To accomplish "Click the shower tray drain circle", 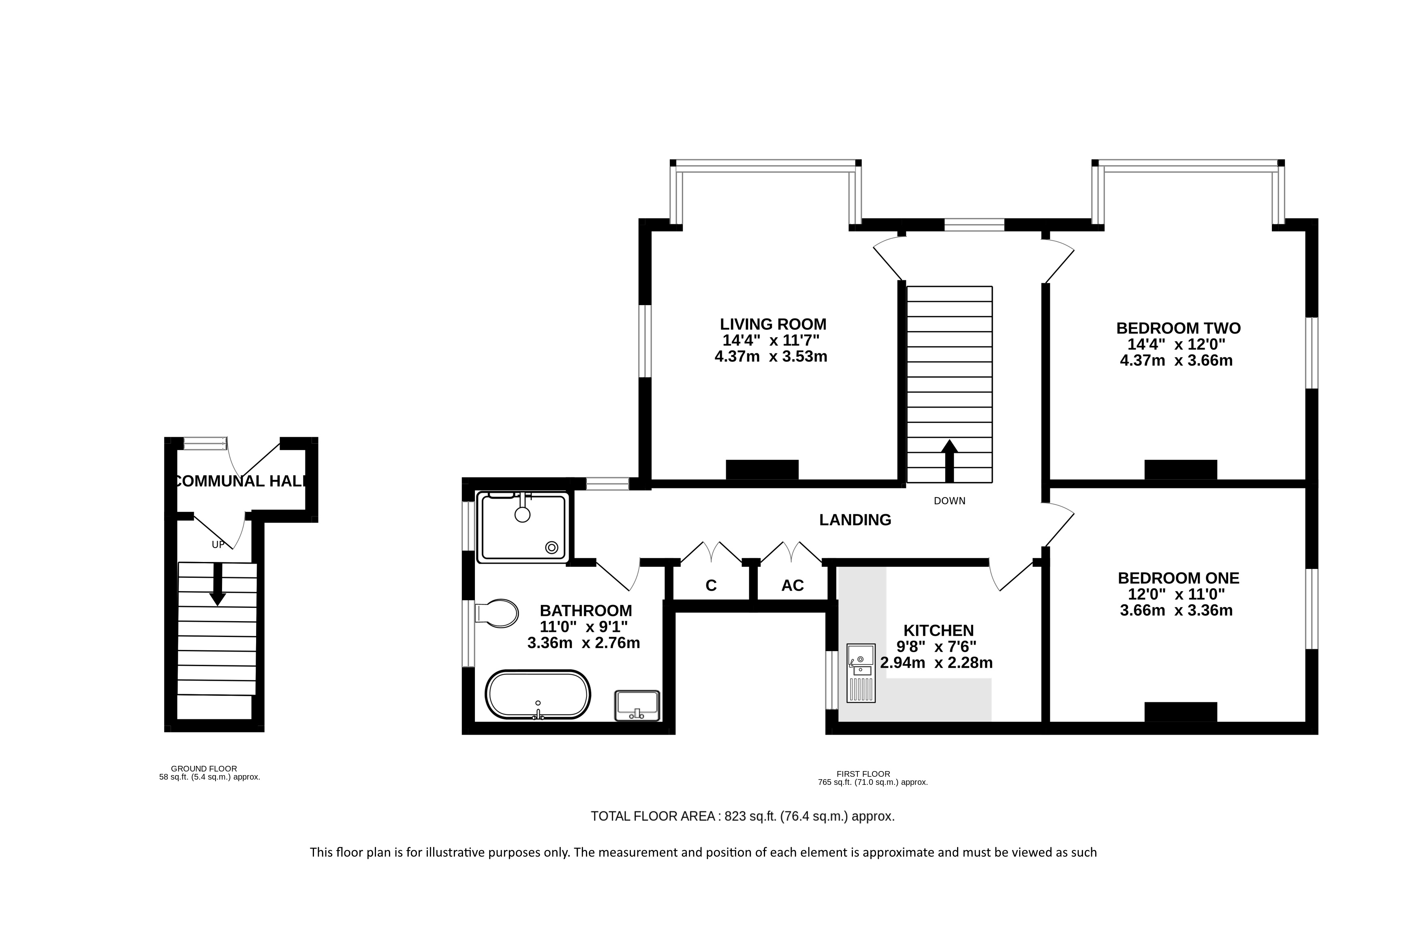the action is (552, 547).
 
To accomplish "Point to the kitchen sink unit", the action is (861, 673).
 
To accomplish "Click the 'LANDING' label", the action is (855, 520).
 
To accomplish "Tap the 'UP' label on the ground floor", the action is (218, 545).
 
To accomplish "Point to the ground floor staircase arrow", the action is (217, 585).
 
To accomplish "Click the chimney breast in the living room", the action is (762, 470).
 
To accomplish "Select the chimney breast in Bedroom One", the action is (1181, 712).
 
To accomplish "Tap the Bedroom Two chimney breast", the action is (1181, 470).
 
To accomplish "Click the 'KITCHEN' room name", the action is (939, 630).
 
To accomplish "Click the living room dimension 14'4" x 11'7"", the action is (771, 340).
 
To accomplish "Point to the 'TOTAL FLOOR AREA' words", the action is (653, 816).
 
